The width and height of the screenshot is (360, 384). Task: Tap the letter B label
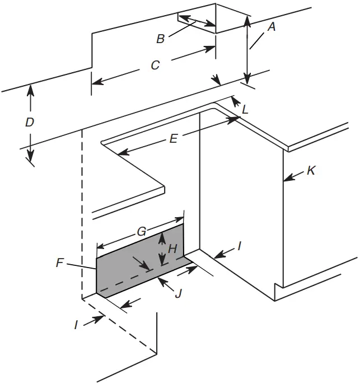160,39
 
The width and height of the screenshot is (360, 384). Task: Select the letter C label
156,65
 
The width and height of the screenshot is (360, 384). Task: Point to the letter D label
29,122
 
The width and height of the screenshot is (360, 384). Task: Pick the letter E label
173,139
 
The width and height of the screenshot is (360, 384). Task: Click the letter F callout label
60,262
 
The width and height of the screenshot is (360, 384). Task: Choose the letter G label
142,231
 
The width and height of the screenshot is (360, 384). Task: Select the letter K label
311,171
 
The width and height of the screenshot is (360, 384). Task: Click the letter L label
245,110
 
